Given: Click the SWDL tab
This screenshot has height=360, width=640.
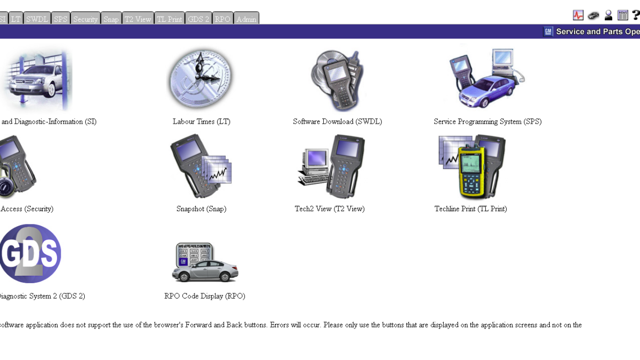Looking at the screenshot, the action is (37, 18).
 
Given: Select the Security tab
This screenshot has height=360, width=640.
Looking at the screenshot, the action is (85, 18).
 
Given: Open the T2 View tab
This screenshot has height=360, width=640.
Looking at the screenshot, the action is (138, 18).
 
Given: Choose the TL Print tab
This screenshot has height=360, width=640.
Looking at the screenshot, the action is (170, 18).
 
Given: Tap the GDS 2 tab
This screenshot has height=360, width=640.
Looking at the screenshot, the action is (198, 18).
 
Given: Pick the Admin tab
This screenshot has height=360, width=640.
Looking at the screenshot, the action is (246, 18).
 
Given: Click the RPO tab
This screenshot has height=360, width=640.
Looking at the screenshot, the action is (222, 18).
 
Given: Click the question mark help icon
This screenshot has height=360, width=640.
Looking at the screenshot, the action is (636, 15).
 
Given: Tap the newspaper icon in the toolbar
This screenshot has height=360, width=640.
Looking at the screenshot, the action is (622, 15).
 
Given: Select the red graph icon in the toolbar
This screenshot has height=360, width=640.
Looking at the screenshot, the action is (578, 15).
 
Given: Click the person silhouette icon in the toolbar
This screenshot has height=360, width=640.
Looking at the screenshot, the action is (609, 15).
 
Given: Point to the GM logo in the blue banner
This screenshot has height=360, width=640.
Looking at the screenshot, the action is (548, 31).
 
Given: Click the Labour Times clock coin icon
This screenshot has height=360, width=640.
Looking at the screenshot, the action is (201, 78).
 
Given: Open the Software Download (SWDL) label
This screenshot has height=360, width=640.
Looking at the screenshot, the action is (338, 122).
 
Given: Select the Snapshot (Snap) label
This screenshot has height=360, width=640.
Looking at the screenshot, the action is (202, 209).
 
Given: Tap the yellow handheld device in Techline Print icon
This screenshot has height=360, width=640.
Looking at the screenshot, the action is (472, 172).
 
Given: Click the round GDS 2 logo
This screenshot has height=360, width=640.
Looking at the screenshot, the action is (30, 254).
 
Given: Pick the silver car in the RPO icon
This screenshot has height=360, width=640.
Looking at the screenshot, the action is (205, 271).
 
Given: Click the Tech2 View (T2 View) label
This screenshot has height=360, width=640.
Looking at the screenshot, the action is (330, 209).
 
